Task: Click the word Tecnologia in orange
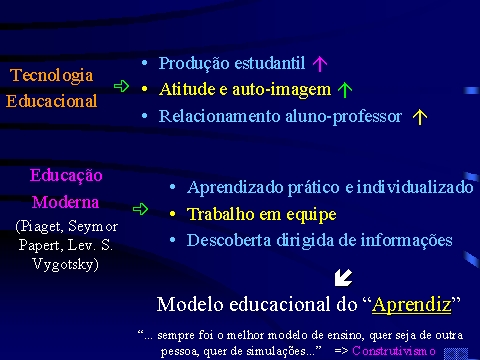51,75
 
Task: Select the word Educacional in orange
52,101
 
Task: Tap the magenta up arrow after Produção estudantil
320,63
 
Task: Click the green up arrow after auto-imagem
345,90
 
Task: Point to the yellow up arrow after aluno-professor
420,117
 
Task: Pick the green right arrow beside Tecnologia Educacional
121,86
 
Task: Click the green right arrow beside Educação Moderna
140,209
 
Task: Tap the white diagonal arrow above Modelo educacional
343,278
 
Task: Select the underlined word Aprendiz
412,305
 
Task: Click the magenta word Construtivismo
394,351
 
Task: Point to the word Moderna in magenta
65,202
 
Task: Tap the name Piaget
42,227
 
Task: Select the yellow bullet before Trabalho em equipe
172,214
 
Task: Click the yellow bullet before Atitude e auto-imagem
144,89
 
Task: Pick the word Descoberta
229,240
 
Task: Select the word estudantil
270,63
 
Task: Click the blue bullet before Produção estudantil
144,63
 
